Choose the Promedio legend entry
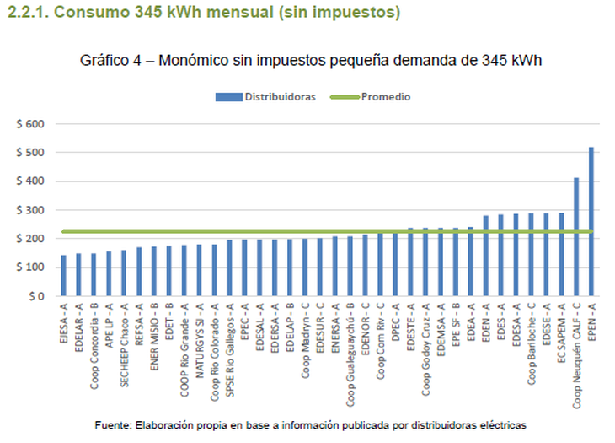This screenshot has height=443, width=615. click(x=385, y=97)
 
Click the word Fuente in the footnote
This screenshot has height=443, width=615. click(x=115, y=424)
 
